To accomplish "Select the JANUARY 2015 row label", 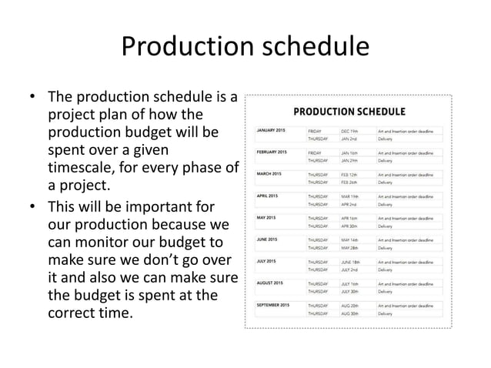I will click(x=270, y=131).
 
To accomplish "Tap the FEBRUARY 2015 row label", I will click(x=272, y=152).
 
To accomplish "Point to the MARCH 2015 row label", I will click(x=269, y=174).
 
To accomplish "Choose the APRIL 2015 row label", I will click(x=267, y=196).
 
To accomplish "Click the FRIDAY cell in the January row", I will click(x=316, y=131).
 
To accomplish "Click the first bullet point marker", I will click(x=32, y=99).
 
